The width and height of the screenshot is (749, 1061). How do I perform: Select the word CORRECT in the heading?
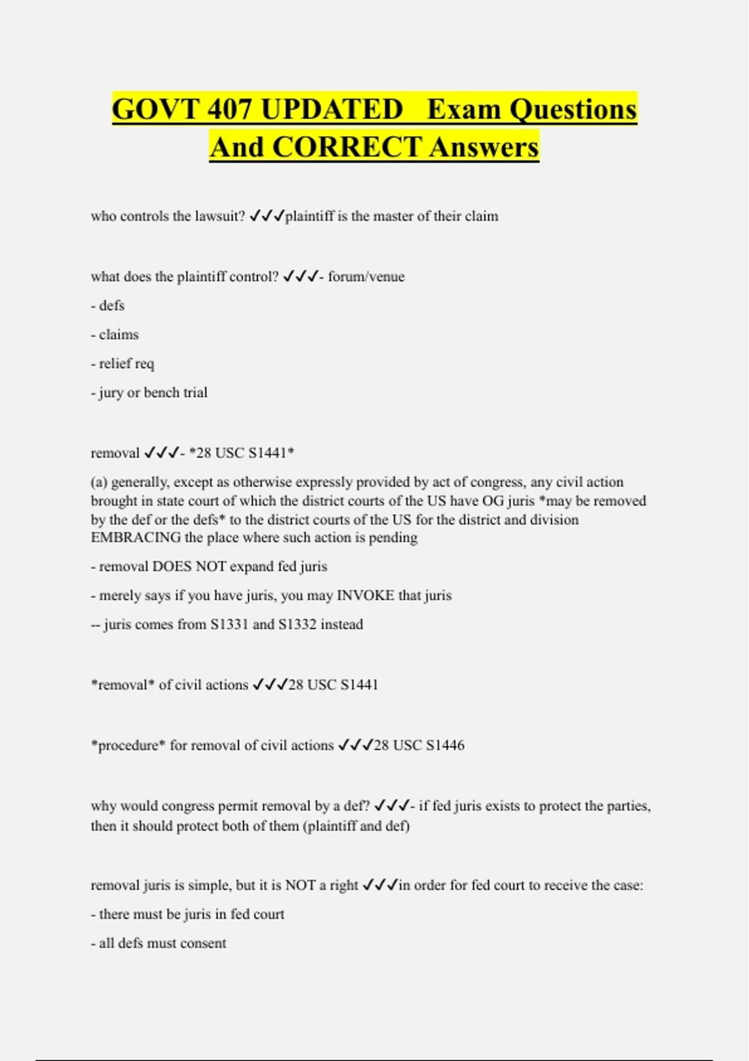tap(347, 147)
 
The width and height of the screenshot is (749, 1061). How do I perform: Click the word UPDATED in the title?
tap(331, 109)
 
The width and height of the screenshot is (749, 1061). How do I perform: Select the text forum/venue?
tap(366, 276)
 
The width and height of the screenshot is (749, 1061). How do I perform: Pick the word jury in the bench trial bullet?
tap(111, 393)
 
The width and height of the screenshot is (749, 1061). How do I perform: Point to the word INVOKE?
tap(365, 595)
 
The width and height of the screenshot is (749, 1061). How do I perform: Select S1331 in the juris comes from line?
tap(229, 624)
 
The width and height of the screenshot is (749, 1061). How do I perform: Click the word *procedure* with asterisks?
tap(128, 745)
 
